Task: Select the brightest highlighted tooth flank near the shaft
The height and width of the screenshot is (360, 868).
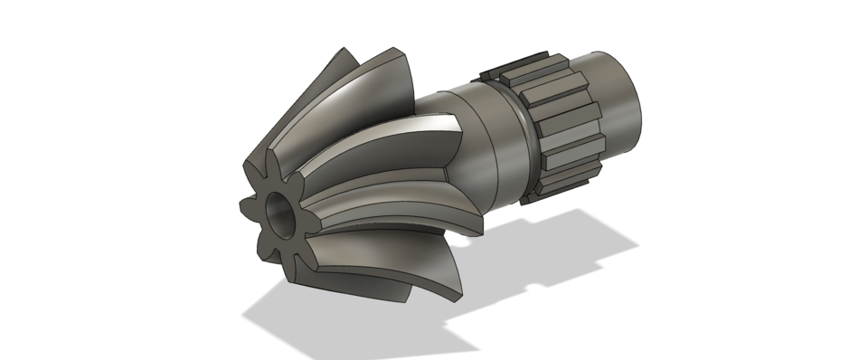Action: click(434, 127)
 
